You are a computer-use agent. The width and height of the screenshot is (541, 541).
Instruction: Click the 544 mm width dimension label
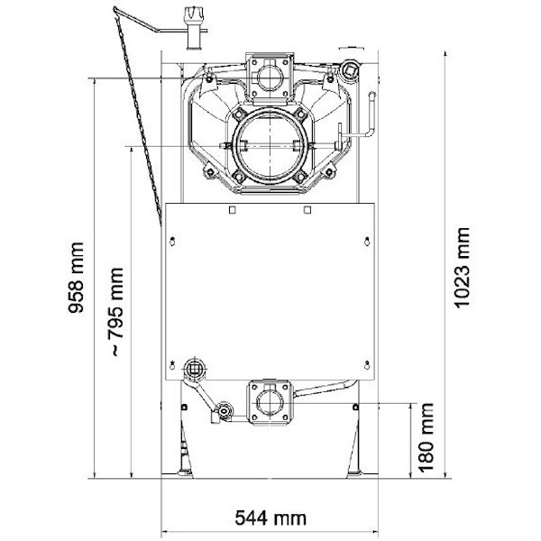270,518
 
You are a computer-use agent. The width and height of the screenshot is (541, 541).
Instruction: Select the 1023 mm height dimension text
462,268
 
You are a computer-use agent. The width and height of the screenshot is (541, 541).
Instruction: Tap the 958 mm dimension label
76,278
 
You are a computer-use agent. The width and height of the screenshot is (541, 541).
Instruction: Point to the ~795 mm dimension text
115,311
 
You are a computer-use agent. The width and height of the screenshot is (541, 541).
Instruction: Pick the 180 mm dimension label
426,436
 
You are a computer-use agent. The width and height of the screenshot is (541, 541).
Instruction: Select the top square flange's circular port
270,78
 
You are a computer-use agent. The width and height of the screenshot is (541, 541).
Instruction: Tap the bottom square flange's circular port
270,403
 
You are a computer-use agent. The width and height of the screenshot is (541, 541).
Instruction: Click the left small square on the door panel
233,210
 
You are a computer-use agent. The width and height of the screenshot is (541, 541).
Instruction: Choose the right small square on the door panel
307,210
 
